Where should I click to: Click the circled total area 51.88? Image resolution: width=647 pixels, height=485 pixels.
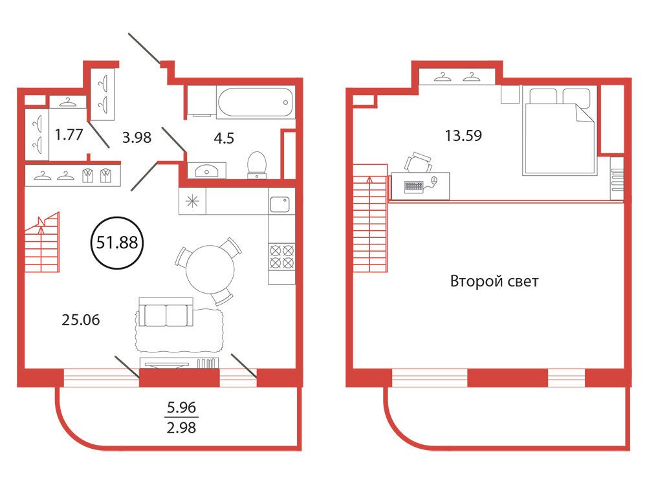pos(117,242)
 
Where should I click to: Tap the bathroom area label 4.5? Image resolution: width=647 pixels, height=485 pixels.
pos(224,138)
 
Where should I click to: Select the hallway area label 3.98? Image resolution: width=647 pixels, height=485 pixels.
pos(137,137)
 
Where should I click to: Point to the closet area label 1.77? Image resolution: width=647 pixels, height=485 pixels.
pos(69,135)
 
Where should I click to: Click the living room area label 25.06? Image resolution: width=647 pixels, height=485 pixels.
pos(80,319)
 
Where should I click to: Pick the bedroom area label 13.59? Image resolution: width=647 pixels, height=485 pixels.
pos(463,135)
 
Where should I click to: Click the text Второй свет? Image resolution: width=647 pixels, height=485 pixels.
pos(494,281)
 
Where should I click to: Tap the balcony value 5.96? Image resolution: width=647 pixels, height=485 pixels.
pos(181,407)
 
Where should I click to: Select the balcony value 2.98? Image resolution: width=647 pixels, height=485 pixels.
pos(181,427)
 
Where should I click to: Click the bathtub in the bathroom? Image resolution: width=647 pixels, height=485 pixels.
pos(256,103)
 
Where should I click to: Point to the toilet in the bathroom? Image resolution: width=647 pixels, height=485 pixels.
pos(257,165)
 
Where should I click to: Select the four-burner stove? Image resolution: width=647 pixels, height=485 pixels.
pos(281,257)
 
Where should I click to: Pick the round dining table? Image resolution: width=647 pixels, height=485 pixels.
pos(210,269)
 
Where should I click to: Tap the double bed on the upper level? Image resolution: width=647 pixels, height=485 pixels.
pos(560,131)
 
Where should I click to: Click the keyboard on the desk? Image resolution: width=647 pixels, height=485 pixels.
pos(414,186)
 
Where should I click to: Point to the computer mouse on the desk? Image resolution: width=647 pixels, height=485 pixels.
pos(433,180)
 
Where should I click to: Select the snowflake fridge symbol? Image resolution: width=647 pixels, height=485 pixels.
pos(192,201)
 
